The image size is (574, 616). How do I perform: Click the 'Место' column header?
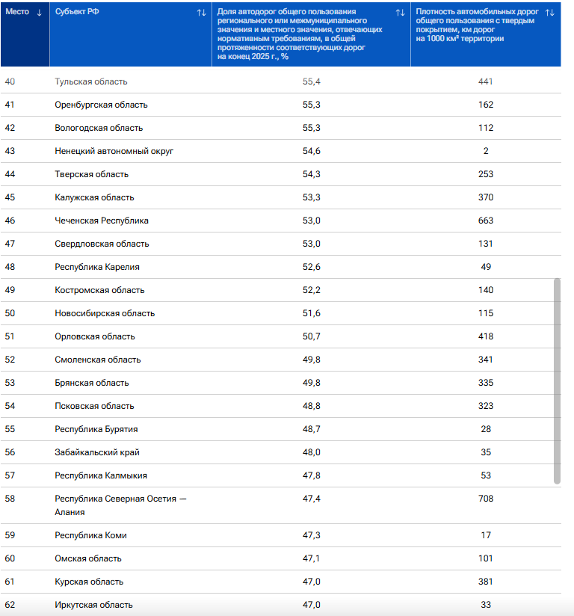[17, 12]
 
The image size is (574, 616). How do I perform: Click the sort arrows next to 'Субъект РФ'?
[201, 13]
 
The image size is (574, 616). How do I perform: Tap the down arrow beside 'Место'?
[40, 13]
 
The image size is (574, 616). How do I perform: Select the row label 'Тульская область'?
[91, 81]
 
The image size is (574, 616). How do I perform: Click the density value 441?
[486, 81]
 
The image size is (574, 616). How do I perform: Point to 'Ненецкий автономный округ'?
[114, 151]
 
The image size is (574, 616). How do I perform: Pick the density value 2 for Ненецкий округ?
[486, 151]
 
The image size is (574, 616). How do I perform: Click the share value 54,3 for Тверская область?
[312, 174]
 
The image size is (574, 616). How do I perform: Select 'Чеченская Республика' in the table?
[102, 221]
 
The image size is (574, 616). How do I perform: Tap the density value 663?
[486, 221]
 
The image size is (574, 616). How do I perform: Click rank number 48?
[10, 267]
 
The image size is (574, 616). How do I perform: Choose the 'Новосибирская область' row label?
[105, 313]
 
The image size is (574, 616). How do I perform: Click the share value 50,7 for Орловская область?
[312, 336]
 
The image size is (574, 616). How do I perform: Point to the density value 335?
[486, 383]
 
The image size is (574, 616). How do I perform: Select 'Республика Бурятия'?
[96, 429]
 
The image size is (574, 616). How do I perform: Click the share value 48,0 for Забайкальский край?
[312, 452]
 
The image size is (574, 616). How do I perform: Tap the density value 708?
[486, 499]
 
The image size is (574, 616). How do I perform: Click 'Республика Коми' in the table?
[90, 535]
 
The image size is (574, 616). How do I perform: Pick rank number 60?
[10, 558]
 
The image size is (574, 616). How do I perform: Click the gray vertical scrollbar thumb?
[557, 381]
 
